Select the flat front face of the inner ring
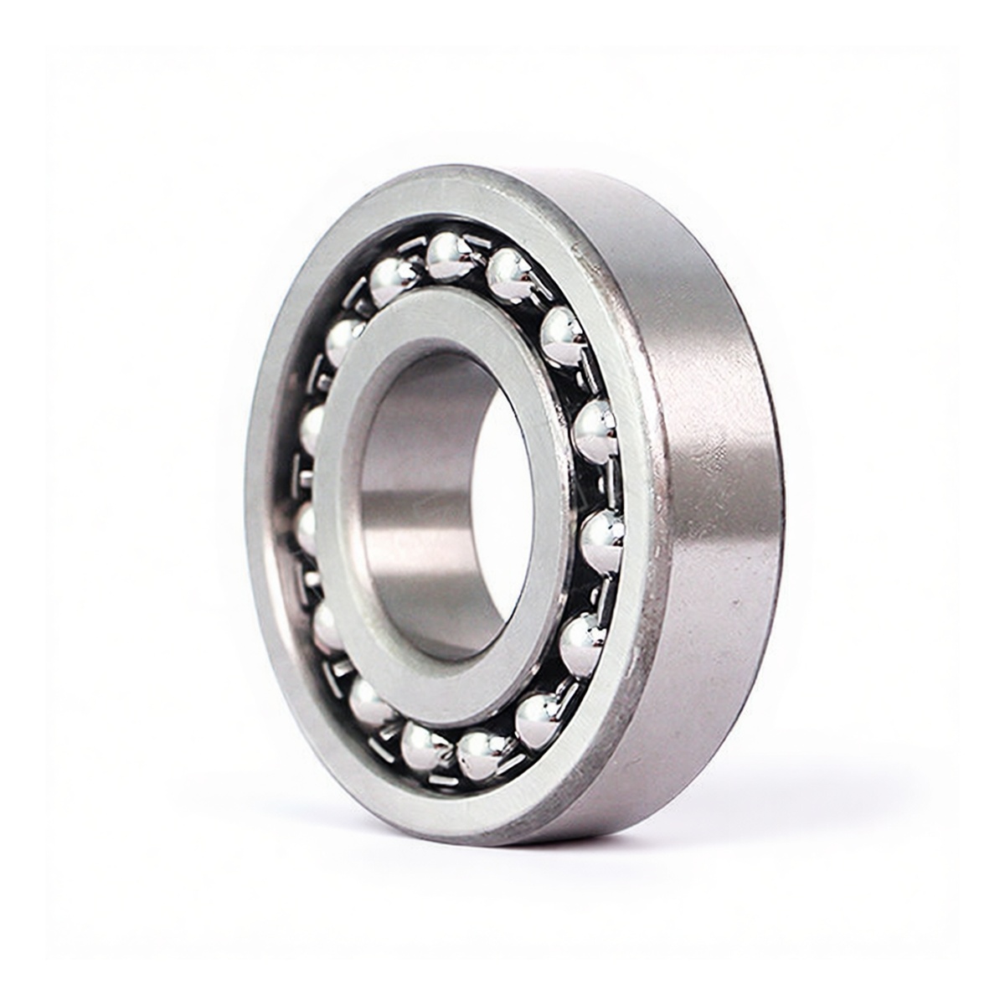(352, 586)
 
